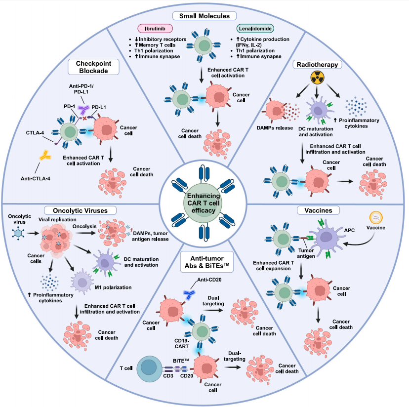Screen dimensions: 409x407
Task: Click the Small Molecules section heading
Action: pyautogui.click(x=204, y=16)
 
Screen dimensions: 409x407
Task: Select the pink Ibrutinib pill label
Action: pyautogui.click(x=155, y=29)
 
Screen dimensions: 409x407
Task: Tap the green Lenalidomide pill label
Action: pyautogui.click(x=255, y=29)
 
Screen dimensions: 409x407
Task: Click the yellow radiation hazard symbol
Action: pyautogui.click(x=317, y=78)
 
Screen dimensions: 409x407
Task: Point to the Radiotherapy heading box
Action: pyautogui.click(x=317, y=64)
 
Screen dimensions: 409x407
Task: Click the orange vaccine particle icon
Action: pyautogui.click(x=376, y=218)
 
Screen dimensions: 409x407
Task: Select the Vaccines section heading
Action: pyautogui.click(x=318, y=210)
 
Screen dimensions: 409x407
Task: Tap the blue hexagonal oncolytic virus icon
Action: pyautogui.click(x=18, y=233)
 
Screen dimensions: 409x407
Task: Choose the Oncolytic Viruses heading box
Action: pyautogui.click(x=81, y=210)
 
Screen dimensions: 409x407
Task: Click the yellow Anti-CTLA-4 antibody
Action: pyautogui.click(x=45, y=156)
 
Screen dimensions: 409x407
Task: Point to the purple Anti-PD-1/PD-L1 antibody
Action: pyautogui.click(x=84, y=110)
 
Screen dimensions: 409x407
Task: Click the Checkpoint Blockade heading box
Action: pyautogui.click(x=93, y=67)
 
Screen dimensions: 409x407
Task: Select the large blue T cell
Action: pyautogui.click(x=149, y=368)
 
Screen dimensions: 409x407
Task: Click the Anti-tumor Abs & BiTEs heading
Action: pyautogui.click(x=207, y=262)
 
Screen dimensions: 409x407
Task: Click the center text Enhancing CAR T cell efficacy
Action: pyautogui.click(x=204, y=203)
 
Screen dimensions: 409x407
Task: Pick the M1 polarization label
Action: pyautogui.click(x=113, y=287)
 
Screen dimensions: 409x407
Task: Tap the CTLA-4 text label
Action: pyautogui.click(x=35, y=132)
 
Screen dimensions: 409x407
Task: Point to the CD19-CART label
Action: pyautogui.click(x=182, y=344)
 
